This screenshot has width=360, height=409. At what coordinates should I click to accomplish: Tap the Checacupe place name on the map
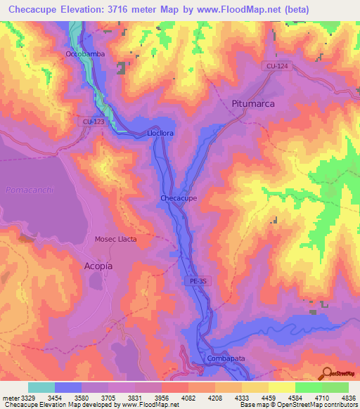tap(178, 198)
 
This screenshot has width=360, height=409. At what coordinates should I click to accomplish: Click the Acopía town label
tap(98, 266)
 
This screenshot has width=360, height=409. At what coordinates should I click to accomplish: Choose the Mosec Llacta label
tap(116, 239)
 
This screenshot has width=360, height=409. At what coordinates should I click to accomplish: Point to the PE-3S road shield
tap(199, 280)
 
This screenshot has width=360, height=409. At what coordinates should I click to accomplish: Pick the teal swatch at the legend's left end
tap(41, 387)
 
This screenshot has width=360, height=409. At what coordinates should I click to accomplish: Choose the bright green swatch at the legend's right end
tap(335, 387)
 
